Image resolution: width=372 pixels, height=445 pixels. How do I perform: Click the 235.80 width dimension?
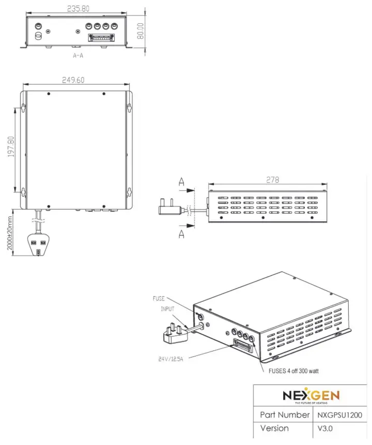tap(78, 8)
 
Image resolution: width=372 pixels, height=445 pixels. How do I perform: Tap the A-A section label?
tap(79, 54)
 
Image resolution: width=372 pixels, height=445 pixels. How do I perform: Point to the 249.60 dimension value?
tap(76, 80)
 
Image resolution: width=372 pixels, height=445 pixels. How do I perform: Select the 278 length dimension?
tap(272, 180)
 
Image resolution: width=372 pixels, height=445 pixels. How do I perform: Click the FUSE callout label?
tap(159, 299)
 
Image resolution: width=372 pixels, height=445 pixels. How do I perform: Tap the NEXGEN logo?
tap(311, 396)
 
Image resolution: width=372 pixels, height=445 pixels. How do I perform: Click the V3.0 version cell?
tap(326, 428)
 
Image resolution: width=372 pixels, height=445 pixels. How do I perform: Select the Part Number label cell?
tap(285, 414)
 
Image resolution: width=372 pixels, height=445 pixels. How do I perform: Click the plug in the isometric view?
tap(174, 334)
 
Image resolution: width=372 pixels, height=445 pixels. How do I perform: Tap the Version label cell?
tap(275, 428)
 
